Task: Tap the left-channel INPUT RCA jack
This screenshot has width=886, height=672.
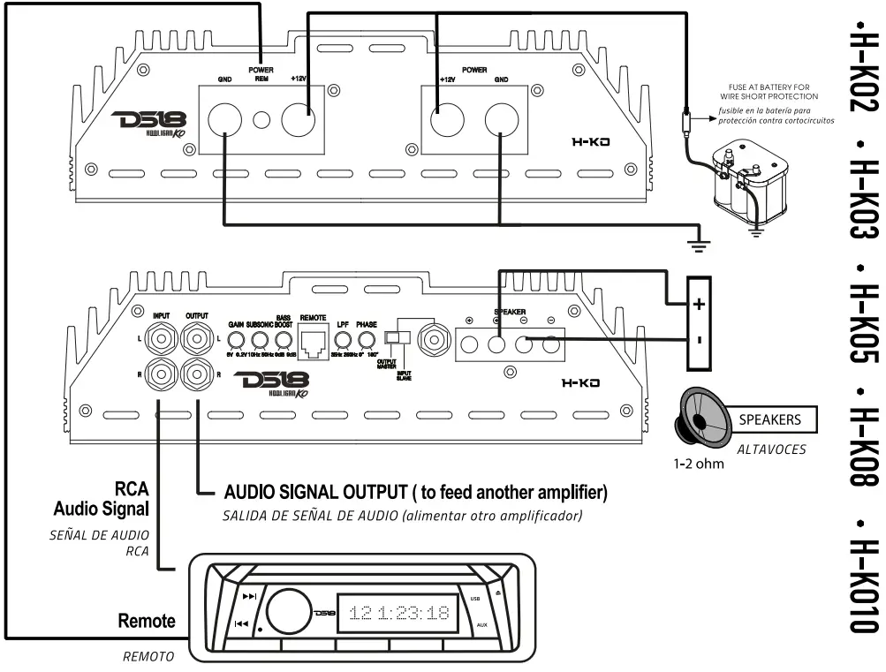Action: click(162, 337)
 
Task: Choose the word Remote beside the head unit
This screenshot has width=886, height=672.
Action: click(147, 621)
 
